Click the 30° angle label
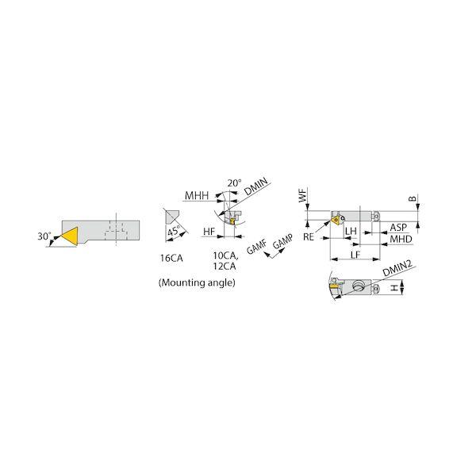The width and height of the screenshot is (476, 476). tap(44, 236)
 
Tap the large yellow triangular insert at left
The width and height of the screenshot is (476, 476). tap(71, 236)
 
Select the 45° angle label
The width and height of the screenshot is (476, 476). tap(173, 231)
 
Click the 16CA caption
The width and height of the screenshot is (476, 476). tap(171, 258)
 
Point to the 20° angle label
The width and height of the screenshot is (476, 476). tap(235, 183)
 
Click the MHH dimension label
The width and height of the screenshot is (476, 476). tap(197, 196)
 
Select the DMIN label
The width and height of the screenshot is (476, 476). tap(256, 186)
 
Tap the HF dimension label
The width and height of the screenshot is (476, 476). tap(209, 232)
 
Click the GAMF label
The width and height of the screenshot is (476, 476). tap(257, 246)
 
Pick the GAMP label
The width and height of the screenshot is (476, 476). tap(283, 241)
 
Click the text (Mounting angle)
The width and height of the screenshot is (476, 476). tap(197, 282)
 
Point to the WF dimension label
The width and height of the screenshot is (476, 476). tap(303, 195)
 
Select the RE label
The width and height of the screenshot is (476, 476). tap(308, 236)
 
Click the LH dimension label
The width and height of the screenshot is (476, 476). tap(351, 231)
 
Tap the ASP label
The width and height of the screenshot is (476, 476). tap(398, 228)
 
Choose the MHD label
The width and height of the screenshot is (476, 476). tap(401, 239)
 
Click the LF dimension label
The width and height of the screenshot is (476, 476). tap(355, 255)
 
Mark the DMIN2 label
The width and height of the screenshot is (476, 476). tap(397, 268)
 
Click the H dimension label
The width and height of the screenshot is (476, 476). tap(393, 287)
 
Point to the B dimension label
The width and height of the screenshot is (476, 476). tap(412, 198)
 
